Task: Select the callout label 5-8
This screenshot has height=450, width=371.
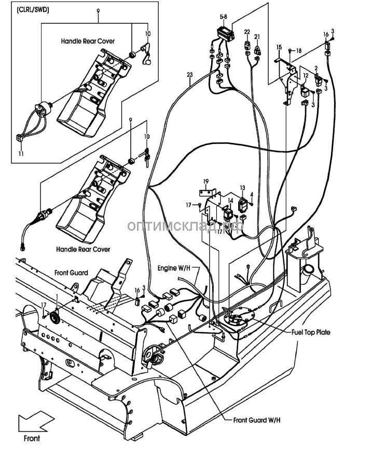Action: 223,17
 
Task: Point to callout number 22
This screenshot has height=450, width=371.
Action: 247,32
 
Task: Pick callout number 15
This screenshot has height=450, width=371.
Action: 279,47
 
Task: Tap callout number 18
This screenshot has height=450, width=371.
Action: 299,51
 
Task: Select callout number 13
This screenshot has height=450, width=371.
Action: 242,188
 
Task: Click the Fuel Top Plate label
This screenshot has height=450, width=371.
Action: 311,332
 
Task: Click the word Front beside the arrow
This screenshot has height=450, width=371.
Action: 31,438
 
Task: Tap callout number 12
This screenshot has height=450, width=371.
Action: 306,76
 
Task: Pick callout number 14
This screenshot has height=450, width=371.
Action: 231,200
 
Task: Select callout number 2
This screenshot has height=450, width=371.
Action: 316,68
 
